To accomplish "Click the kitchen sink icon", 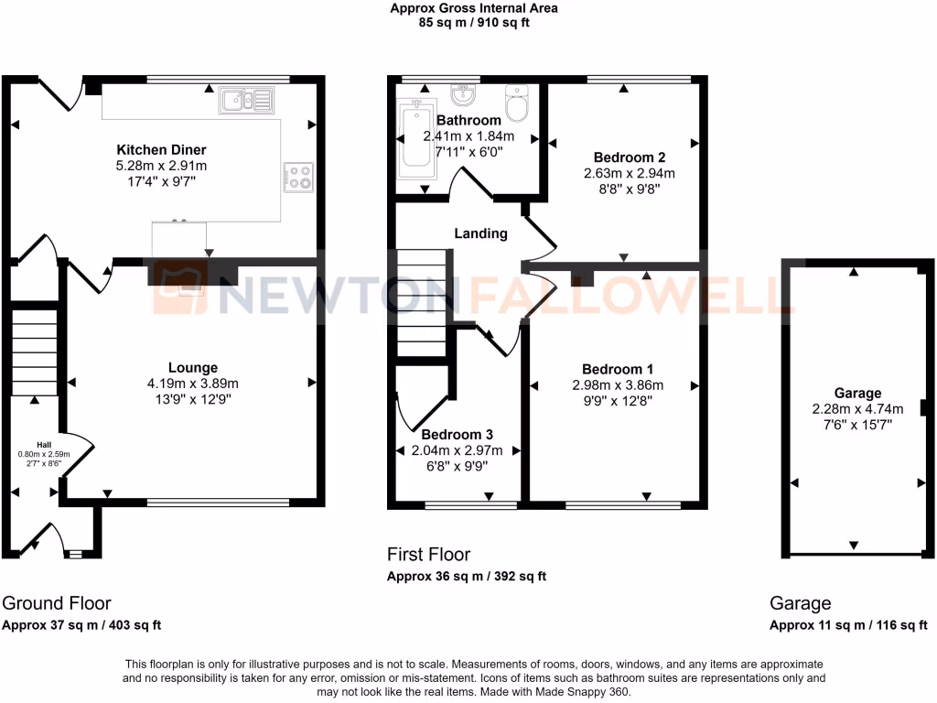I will tap(245, 101).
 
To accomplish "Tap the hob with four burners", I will tap(298, 176).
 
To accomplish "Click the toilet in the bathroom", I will tap(518, 104).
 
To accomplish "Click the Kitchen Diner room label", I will tap(161, 149).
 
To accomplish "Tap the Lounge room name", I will tap(193, 368).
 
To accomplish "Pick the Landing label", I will tap(480, 233).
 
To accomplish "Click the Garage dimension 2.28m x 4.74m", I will tap(857, 409).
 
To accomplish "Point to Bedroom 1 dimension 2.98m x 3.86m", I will tap(618, 384).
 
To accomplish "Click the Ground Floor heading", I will tap(57, 603).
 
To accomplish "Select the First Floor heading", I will tap(428, 554).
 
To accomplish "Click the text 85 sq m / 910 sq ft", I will tap(473, 23).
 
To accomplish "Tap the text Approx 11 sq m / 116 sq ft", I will tap(848, 626).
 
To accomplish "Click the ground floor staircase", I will tap(35, 352).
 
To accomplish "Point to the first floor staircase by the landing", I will tap(421, 302).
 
